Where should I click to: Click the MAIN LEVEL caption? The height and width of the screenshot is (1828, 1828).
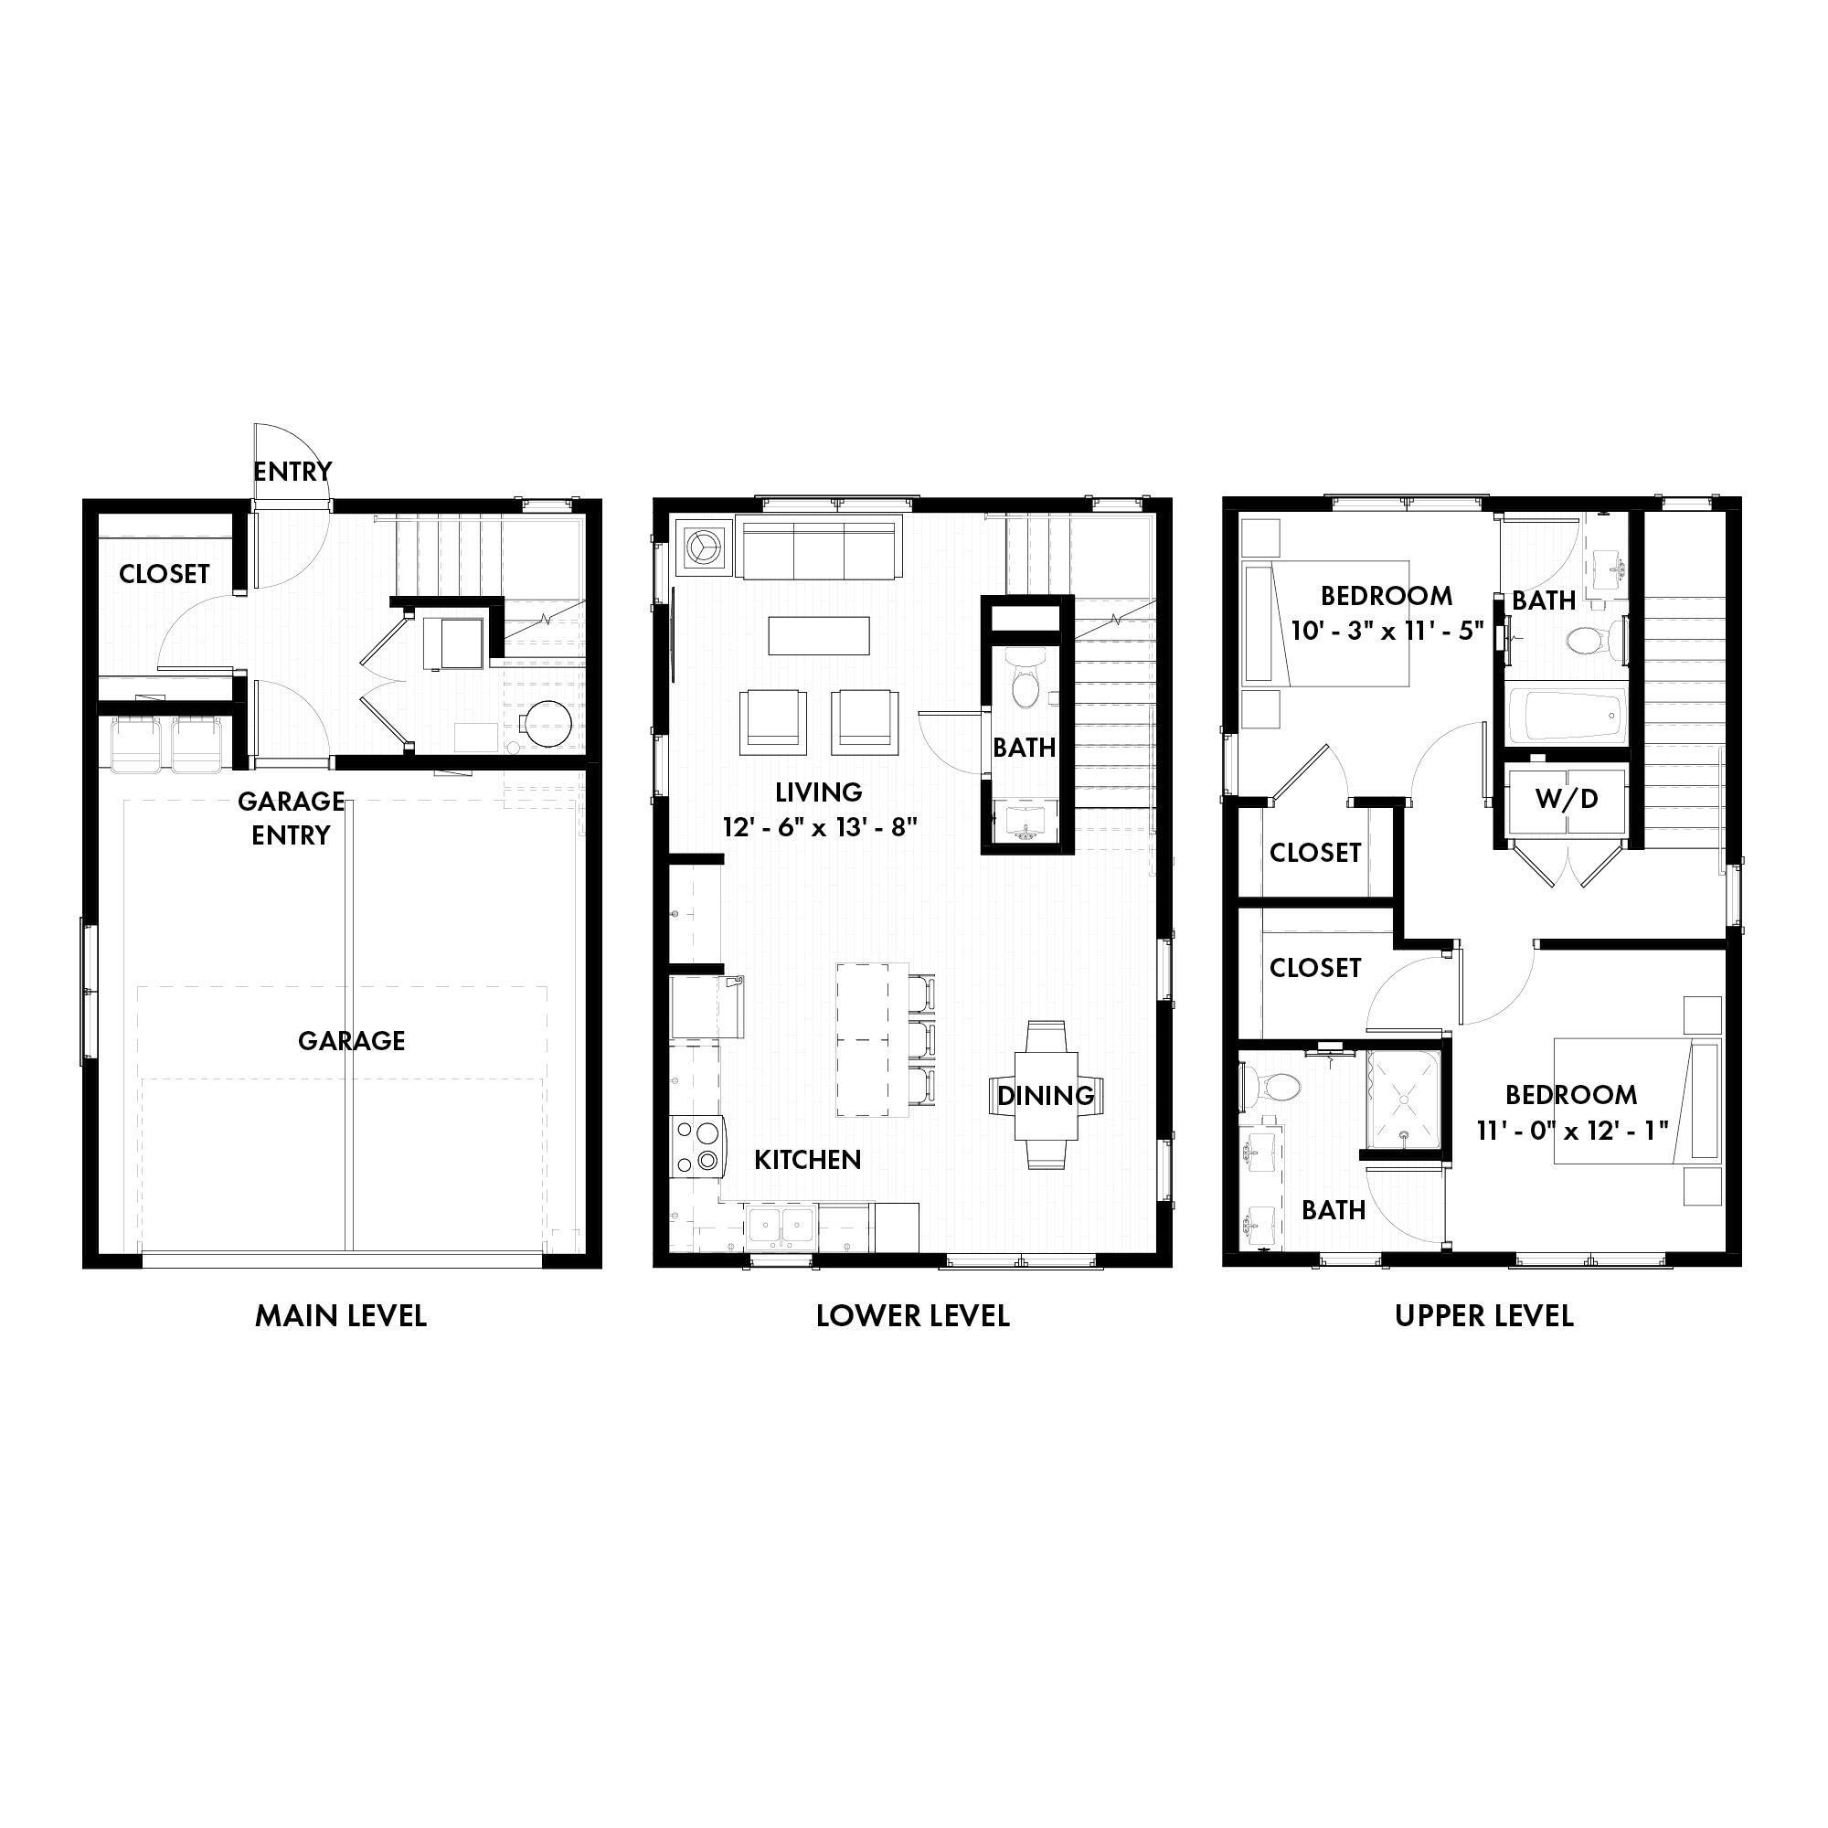pyautogui.click(x=341, y=1315)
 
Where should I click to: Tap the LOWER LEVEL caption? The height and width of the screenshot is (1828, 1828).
pyautogui.click(x=912, y=1315)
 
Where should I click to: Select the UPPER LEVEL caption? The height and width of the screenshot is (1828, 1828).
pyautogui.click(x=1483, y=1315)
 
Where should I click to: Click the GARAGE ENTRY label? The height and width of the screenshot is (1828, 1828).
pyautogui.click(x=291, y=818)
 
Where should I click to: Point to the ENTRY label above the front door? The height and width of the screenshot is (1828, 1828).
pyautogui.click(x=292, y=472)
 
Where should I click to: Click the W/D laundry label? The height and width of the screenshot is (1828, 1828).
pyautogui.click(x=1566, y=800)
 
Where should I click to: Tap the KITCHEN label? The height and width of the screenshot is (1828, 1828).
pyautogui.click(x=807, y=1160)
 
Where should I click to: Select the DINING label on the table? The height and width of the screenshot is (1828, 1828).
pyautogui.click(x=1046, y=1096)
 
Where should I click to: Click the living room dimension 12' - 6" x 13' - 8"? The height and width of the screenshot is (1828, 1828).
pyautogui.click(x=819, y=828)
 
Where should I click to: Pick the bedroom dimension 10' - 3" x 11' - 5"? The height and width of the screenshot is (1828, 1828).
pyautogui.click(x=1387, y=631)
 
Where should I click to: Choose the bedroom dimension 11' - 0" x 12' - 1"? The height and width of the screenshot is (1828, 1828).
pyautogui.click(x=1571, y=1130)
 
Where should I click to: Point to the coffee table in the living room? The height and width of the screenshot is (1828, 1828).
pyautogui.click(x=818, y=636)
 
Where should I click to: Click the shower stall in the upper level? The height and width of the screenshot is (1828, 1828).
pyautogui.click(x=1402, y=1104)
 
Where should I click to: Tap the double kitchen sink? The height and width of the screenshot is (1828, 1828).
pyautogui.click(x=781, y=1228)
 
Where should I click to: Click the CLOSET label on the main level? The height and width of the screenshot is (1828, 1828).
pyautogui.click(x=165, y=573)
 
